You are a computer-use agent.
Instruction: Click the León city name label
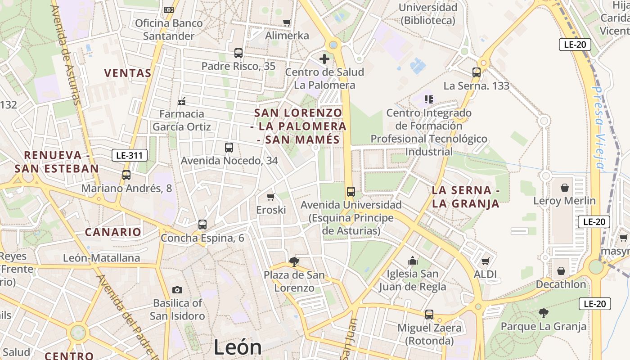[x=237, y=347]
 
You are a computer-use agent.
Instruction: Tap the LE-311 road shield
[x=130, y=156]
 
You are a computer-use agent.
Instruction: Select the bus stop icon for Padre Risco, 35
[x=238, y=53]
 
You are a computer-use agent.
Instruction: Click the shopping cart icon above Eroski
[x=271, y=197]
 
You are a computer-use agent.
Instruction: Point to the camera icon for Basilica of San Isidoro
[x=177, y=290]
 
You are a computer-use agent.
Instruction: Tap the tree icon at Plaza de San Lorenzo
[x=294, y=261]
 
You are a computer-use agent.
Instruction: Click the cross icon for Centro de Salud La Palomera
[x=324, y=58]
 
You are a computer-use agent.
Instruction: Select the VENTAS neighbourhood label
[x=127, y=73]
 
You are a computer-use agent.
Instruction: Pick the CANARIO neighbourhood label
[x=113, y=232]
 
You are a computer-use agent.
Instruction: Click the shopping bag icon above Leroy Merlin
[x=564, y=187]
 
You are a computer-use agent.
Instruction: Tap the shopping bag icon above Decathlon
[x=561, y=271]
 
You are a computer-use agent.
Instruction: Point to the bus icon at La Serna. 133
[x=477, y=72]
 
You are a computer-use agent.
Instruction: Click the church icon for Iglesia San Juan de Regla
[x=412, y=261]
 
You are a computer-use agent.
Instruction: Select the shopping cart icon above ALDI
[x=485, y=261]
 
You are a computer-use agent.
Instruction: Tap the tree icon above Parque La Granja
[x=544, y=313]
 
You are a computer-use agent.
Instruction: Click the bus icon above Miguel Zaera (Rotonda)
[x=429, y=315]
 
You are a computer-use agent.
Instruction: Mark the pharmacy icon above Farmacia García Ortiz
[x=182, y=101]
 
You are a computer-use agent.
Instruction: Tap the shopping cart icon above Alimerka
[x=287, y=22]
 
